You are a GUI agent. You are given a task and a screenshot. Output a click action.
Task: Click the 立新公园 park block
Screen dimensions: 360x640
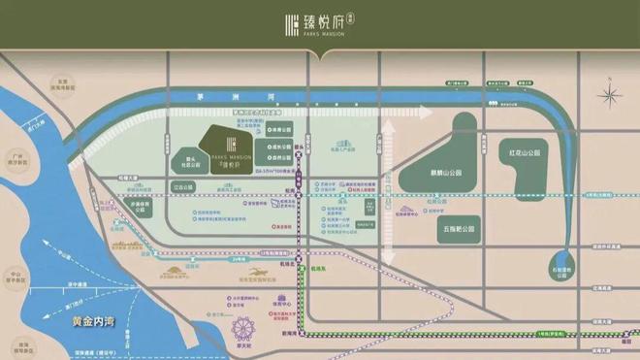tap(184, 185)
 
